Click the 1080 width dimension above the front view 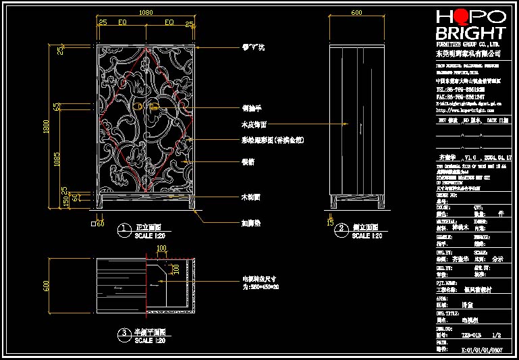coord(145,12)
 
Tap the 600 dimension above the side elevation coord(356,12)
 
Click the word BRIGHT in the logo coord(470,33)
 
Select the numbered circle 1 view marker coord(124,230)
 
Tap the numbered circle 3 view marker coord(124,334)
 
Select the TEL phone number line coord(460,88)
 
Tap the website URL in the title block coord(464,109)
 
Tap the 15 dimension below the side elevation coord(330,221)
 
